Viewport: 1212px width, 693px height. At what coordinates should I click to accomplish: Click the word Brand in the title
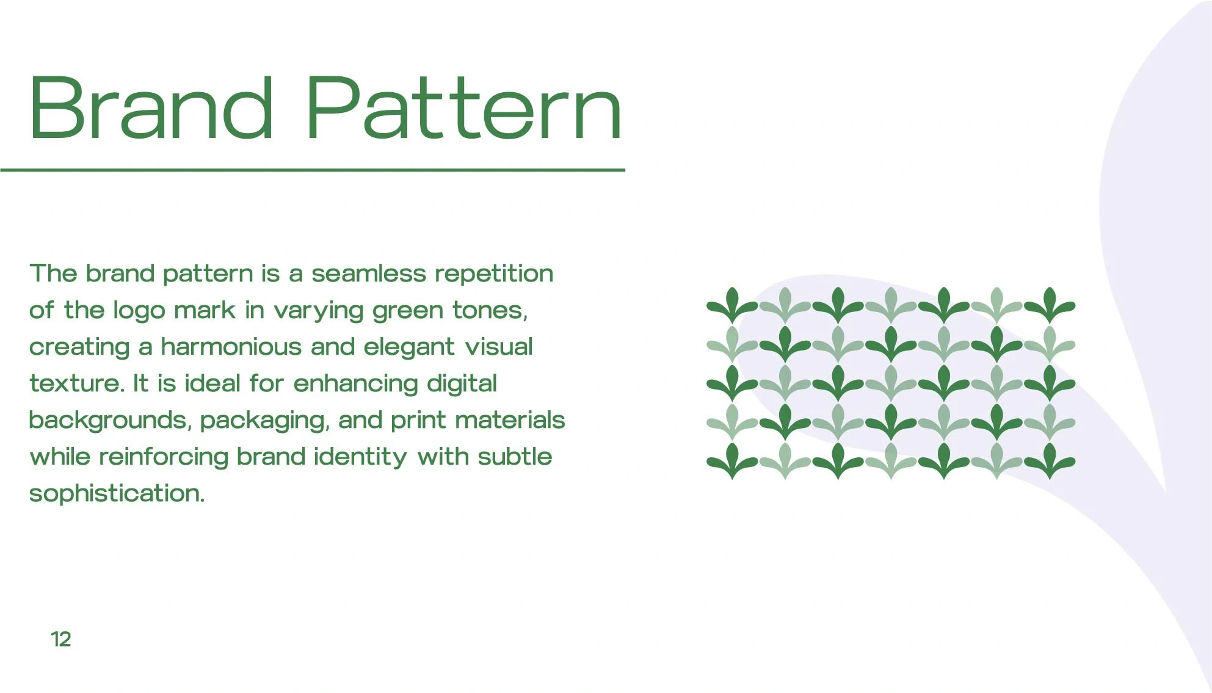[151, 108]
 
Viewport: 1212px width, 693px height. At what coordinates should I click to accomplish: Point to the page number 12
[61, 639]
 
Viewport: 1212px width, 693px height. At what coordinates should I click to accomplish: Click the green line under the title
[313, 170]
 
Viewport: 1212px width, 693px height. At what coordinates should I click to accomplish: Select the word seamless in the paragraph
[369, 274]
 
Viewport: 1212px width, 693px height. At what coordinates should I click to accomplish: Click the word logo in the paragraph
[139, 311]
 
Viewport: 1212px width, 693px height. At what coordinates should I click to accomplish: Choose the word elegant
[409, 347]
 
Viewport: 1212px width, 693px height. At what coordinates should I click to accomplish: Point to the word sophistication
[117, 494]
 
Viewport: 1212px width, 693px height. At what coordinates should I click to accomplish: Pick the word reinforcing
[164, 457]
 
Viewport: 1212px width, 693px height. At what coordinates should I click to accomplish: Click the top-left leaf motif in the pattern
[732, 305]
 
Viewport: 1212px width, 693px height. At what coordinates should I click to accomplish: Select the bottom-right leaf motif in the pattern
[1050, 461]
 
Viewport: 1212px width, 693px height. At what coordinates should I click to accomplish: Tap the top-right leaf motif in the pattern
[1050, 305]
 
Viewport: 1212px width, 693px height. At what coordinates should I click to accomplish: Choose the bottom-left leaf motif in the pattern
[732, 461]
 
